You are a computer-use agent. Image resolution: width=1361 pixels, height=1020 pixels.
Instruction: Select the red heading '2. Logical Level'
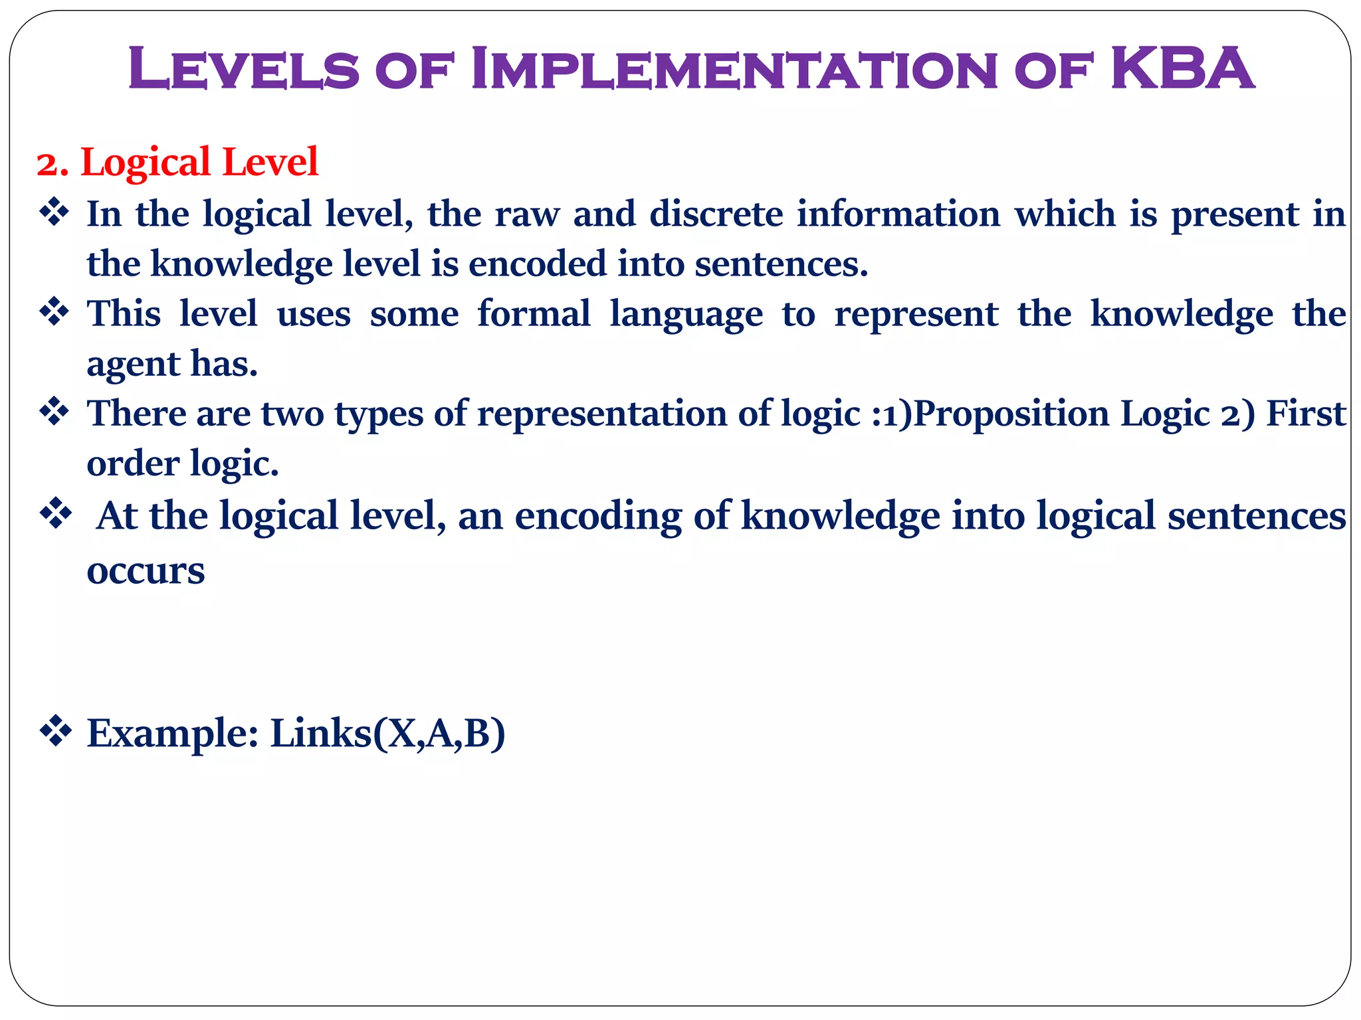[x=177, y=162]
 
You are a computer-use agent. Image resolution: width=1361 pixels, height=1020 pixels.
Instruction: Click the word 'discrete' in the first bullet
[x=716, y=214]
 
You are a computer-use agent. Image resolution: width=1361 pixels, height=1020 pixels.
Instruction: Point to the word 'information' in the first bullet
[x=898, y=214]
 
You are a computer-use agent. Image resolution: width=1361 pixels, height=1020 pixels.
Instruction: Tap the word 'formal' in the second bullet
[x=534, y=313]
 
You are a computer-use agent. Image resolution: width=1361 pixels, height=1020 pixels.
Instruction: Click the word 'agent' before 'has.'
[x=133, y=365]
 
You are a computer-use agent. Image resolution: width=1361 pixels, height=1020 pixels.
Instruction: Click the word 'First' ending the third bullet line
[x=1306, y=414]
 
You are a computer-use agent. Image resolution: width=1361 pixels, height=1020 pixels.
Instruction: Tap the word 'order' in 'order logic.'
[x=133, y=464]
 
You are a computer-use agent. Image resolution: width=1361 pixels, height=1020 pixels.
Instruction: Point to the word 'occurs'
[x=146, y=571]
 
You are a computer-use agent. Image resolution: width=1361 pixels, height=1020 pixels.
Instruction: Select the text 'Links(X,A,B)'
[x=387, y=734]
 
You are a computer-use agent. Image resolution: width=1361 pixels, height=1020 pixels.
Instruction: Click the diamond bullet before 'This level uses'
[x=55, y=311]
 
